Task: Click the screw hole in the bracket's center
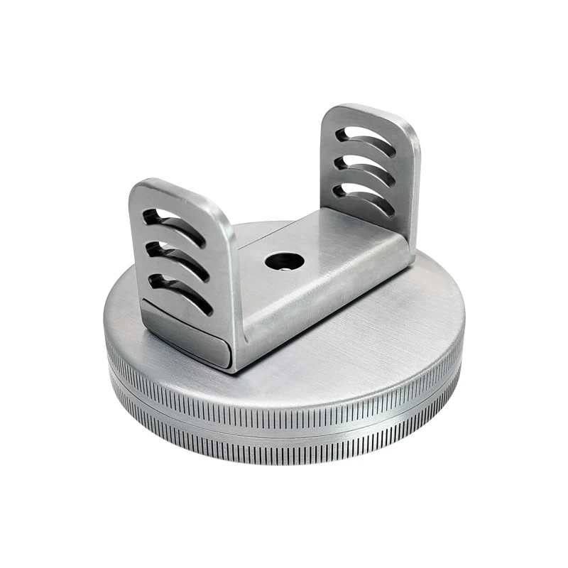click(x=284, y=261)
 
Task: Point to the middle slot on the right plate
click(x=366, y=169)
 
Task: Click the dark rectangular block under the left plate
click(x=185, y=334)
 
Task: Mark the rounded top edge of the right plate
click(x=369, y=112)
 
